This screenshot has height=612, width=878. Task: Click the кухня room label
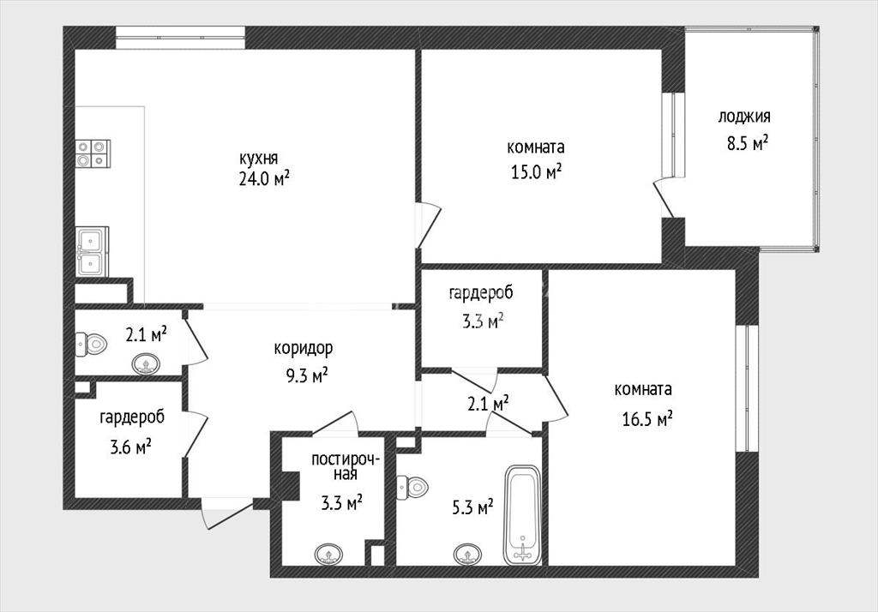[x=259, y=159]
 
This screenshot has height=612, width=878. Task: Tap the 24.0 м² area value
[x=264, y=178]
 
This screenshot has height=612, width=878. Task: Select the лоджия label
[x=744, y=117]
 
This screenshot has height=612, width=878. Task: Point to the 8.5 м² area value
[x=747, y=143]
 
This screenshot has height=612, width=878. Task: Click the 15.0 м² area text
[x=536, y=171]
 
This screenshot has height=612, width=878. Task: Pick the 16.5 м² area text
[x=647, y=418]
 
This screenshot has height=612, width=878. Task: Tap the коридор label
[x=303, y=348]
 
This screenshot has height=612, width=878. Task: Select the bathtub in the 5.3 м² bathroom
[x=522, y=514]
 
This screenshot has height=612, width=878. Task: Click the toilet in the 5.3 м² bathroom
[x=412, y=487]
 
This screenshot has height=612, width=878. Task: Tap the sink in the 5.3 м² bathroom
[x=467, y=554]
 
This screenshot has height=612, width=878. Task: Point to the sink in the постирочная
[x=328, y=555]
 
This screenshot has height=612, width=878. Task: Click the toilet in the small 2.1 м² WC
[x=91, y=343]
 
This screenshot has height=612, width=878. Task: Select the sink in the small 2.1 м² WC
[x=146, y=364]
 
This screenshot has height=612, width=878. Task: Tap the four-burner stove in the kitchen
[x=93, y=153]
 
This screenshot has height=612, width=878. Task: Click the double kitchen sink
[x=91, y=251]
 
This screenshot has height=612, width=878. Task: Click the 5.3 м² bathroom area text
[x=472, y=507]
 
